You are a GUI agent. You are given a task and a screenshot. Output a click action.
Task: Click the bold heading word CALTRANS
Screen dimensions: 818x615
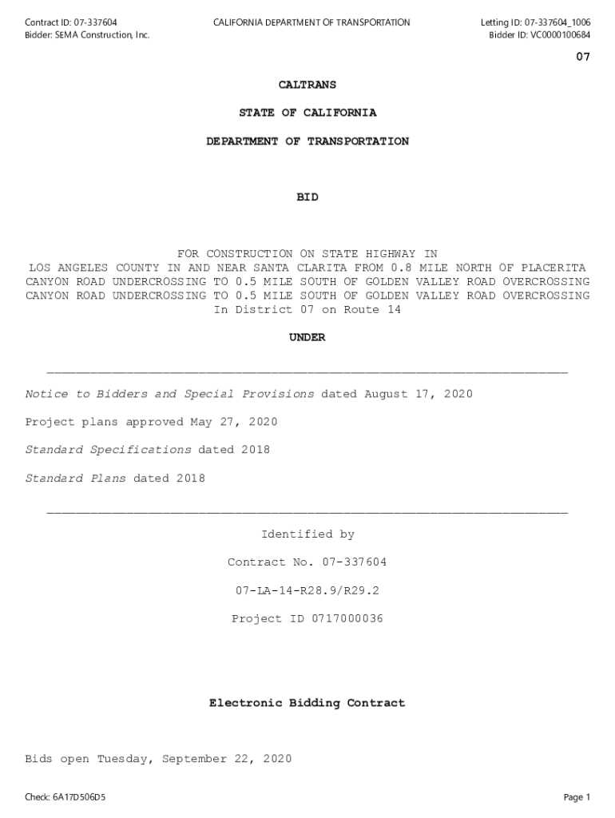click(x=307, y=85)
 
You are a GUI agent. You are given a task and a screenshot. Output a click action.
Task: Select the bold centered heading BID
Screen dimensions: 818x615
click(x=307, y=197)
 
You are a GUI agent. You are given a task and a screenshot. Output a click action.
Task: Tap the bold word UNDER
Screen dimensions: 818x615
click(x=307, y=338)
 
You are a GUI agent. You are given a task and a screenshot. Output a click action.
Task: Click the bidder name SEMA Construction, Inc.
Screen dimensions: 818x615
click(x=102, y=35)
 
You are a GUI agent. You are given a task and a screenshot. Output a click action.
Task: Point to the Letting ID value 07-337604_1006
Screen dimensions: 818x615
click(x=557, y=22)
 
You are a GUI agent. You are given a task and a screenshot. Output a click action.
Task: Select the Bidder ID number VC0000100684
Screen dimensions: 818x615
click(x=561, y=35)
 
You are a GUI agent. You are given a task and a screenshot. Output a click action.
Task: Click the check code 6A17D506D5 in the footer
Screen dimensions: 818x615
click(x=80, y=797)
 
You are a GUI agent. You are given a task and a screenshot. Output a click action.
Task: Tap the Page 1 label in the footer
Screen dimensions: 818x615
click(x=577, y=797)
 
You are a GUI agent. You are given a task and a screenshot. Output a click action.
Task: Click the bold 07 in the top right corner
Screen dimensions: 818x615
click(x=583, y=58)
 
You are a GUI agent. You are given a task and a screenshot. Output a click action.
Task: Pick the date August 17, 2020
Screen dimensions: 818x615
click(x=419, y=395)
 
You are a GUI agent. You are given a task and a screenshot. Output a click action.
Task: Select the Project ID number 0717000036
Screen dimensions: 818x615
click(x=347, y=619)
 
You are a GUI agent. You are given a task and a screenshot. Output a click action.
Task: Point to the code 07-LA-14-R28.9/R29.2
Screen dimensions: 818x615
click(x=307, y=591)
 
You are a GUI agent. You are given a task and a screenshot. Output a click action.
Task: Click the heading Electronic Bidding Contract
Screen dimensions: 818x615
click(x=307, y=704)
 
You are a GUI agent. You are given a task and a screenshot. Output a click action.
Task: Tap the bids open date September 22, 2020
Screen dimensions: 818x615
click(x=227, y=760)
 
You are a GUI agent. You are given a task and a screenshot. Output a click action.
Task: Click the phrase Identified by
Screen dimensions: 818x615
click(x=307, y=534)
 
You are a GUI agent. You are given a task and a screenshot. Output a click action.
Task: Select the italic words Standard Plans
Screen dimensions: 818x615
click(x=76, y=478)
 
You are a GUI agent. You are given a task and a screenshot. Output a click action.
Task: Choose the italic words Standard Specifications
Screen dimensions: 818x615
click(x=109, y=451)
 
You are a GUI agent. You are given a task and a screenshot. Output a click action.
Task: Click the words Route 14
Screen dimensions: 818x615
click(x=372, y=310)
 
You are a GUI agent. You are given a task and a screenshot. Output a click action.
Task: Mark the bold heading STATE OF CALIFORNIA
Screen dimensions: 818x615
click(x=307, y=113)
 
